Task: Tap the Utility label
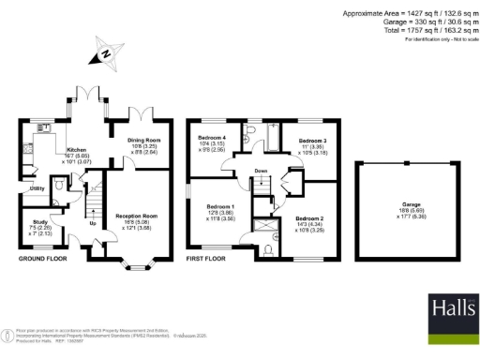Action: click(x=36, y=187)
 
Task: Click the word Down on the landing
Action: click(x=261, y=171)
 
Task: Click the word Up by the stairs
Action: click(x=92, y=224)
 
